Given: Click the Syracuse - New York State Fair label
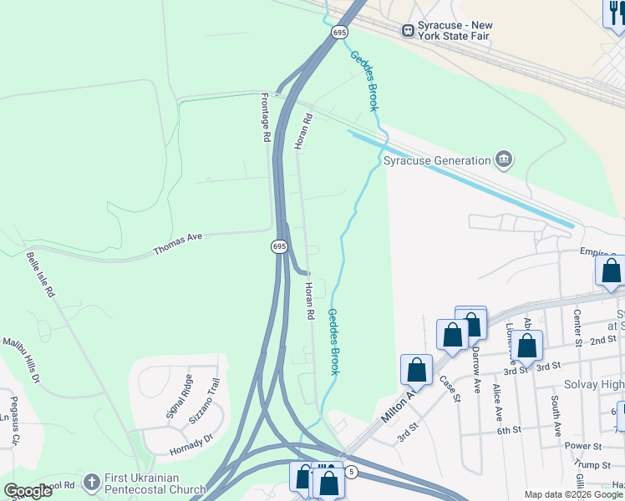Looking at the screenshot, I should (x=459, y=31).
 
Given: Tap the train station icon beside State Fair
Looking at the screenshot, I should (x=409, y=31).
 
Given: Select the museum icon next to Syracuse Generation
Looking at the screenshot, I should (x=503, y=160).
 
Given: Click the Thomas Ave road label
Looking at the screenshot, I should (x=178, y=243).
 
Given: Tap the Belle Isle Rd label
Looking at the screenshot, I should (x=40, y=275).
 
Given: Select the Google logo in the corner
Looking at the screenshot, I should (x=28, y=491).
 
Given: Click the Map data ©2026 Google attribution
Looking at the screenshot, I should (x=574, y=494).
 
